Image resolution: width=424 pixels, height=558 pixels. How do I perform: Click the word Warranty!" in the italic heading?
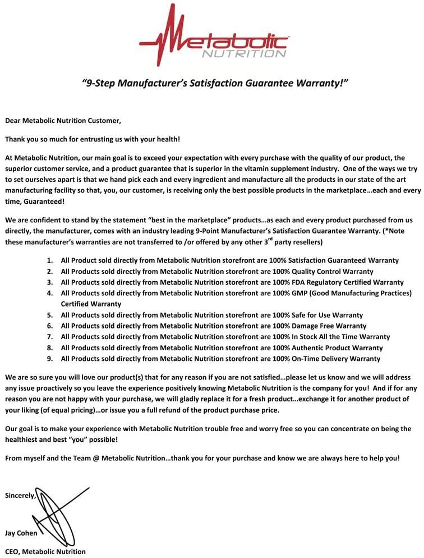pyautogui.click(x=322, y=83)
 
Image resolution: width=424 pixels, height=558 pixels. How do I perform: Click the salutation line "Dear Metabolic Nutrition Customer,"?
pyautogui.click(x=63, y=120)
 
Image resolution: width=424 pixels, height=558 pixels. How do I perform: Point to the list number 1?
pyautogui.click(x=49, y=260)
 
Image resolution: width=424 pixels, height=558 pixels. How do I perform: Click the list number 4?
pyautogui.click(x=49, y=293)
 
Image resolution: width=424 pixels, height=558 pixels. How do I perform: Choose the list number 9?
pyautogui.click(x=49, y=359)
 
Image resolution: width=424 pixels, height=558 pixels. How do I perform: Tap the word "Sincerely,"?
pyautogui.click(x=21, y=496)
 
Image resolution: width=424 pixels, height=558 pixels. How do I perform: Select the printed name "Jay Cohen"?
pyautogui.click(x=21, y=533)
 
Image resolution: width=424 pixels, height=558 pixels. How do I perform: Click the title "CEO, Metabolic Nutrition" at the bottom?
pyautogui.click(x=45, y=551)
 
